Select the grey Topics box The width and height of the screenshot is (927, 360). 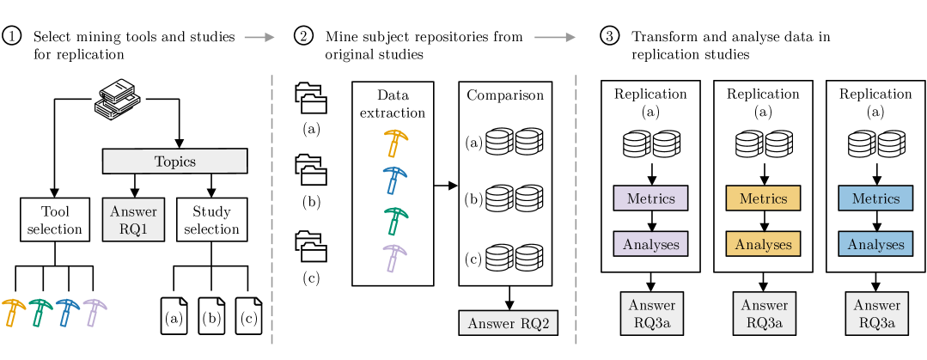pos(174,161)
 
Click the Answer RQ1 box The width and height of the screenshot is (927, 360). pos(133,220)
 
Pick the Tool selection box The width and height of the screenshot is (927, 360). pos(55,220)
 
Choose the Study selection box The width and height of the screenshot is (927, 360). pos(211,220)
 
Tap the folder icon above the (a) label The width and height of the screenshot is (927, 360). pos(311,98)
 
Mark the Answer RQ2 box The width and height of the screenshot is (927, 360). pos(509,324)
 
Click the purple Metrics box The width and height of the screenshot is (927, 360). pos(650,198)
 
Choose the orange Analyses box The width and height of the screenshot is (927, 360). pos(763,244)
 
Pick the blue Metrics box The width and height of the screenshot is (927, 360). pos(875,198)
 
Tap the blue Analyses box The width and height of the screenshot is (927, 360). pos(875,244)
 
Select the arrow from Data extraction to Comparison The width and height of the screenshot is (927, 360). pos(446,185)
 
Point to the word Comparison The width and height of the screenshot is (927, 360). pos(505,95)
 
